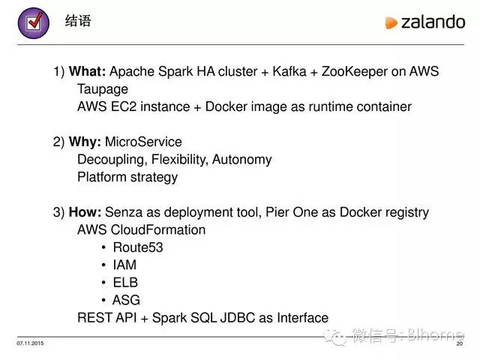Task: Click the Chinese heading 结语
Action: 78,21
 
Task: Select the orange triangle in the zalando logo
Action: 391,23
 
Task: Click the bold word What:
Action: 88,72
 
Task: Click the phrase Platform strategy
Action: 127,177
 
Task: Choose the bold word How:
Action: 85,212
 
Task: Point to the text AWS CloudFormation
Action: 141,229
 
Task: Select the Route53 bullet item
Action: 138,247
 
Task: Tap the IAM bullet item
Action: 124,265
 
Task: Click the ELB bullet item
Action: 125,283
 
